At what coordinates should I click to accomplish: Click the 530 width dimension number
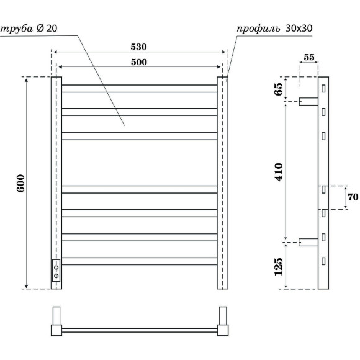pyautogui.click(x=139, y=47)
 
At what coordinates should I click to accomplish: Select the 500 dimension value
pyautogui.click(x=139, y=61)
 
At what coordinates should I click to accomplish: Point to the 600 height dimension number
pyautogui.click(x=20, y=183)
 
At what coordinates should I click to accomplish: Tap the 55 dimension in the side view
pyautogui.click(x=308, y=58)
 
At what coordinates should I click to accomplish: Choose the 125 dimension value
pyautogui.click(x=279, y=266)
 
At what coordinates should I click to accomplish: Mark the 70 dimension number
pyautogui.click(x=353, y=198)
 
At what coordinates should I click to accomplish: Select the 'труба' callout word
pyautogui.click(x=17, y=29)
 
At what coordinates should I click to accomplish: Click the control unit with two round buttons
pyautogui.click(x=56, y=271)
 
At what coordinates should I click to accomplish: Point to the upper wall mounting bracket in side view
pyautogui.click(x=308, y=101)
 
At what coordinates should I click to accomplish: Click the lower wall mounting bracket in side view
pyautogui.click(x=308, y=243)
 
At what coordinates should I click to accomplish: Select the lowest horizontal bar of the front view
pyautogui.click(x=139, y=261)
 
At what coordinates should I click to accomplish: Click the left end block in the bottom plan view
pyautogui.click(x=56, y=321)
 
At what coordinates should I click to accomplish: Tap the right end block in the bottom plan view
pyautogui.click(x=222, y=321)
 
